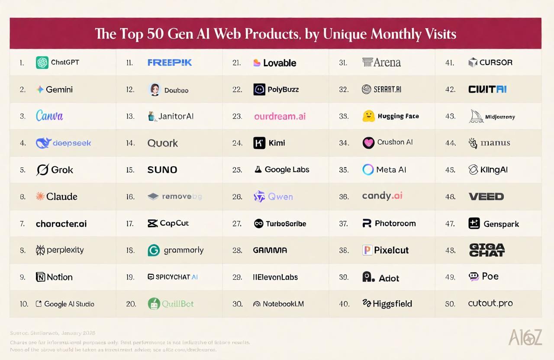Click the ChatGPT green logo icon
[x=42, y=63]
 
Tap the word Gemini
[x=59, y=90]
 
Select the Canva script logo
[x=49, y=116]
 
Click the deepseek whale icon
[x=43, y=143]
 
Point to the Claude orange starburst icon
[x=40, y=196]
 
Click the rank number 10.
[x=24, y=304]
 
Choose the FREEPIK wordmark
[x=169, y=63]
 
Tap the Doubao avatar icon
[x=154, y=90]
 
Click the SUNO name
[x=162, y=170]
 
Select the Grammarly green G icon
[x=154, y=250]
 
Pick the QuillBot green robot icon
[x=154, y=304]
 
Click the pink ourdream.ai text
[x=280, y=116]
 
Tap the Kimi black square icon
[x=259, y=143]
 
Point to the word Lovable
[x=280, y=63]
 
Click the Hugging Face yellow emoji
[x=368, y=116]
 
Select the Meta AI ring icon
[x=368, y=170]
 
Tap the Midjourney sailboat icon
[x=476, y=116]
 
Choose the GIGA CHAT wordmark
[x=486, y=250]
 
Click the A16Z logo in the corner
[x=525, y=337]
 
